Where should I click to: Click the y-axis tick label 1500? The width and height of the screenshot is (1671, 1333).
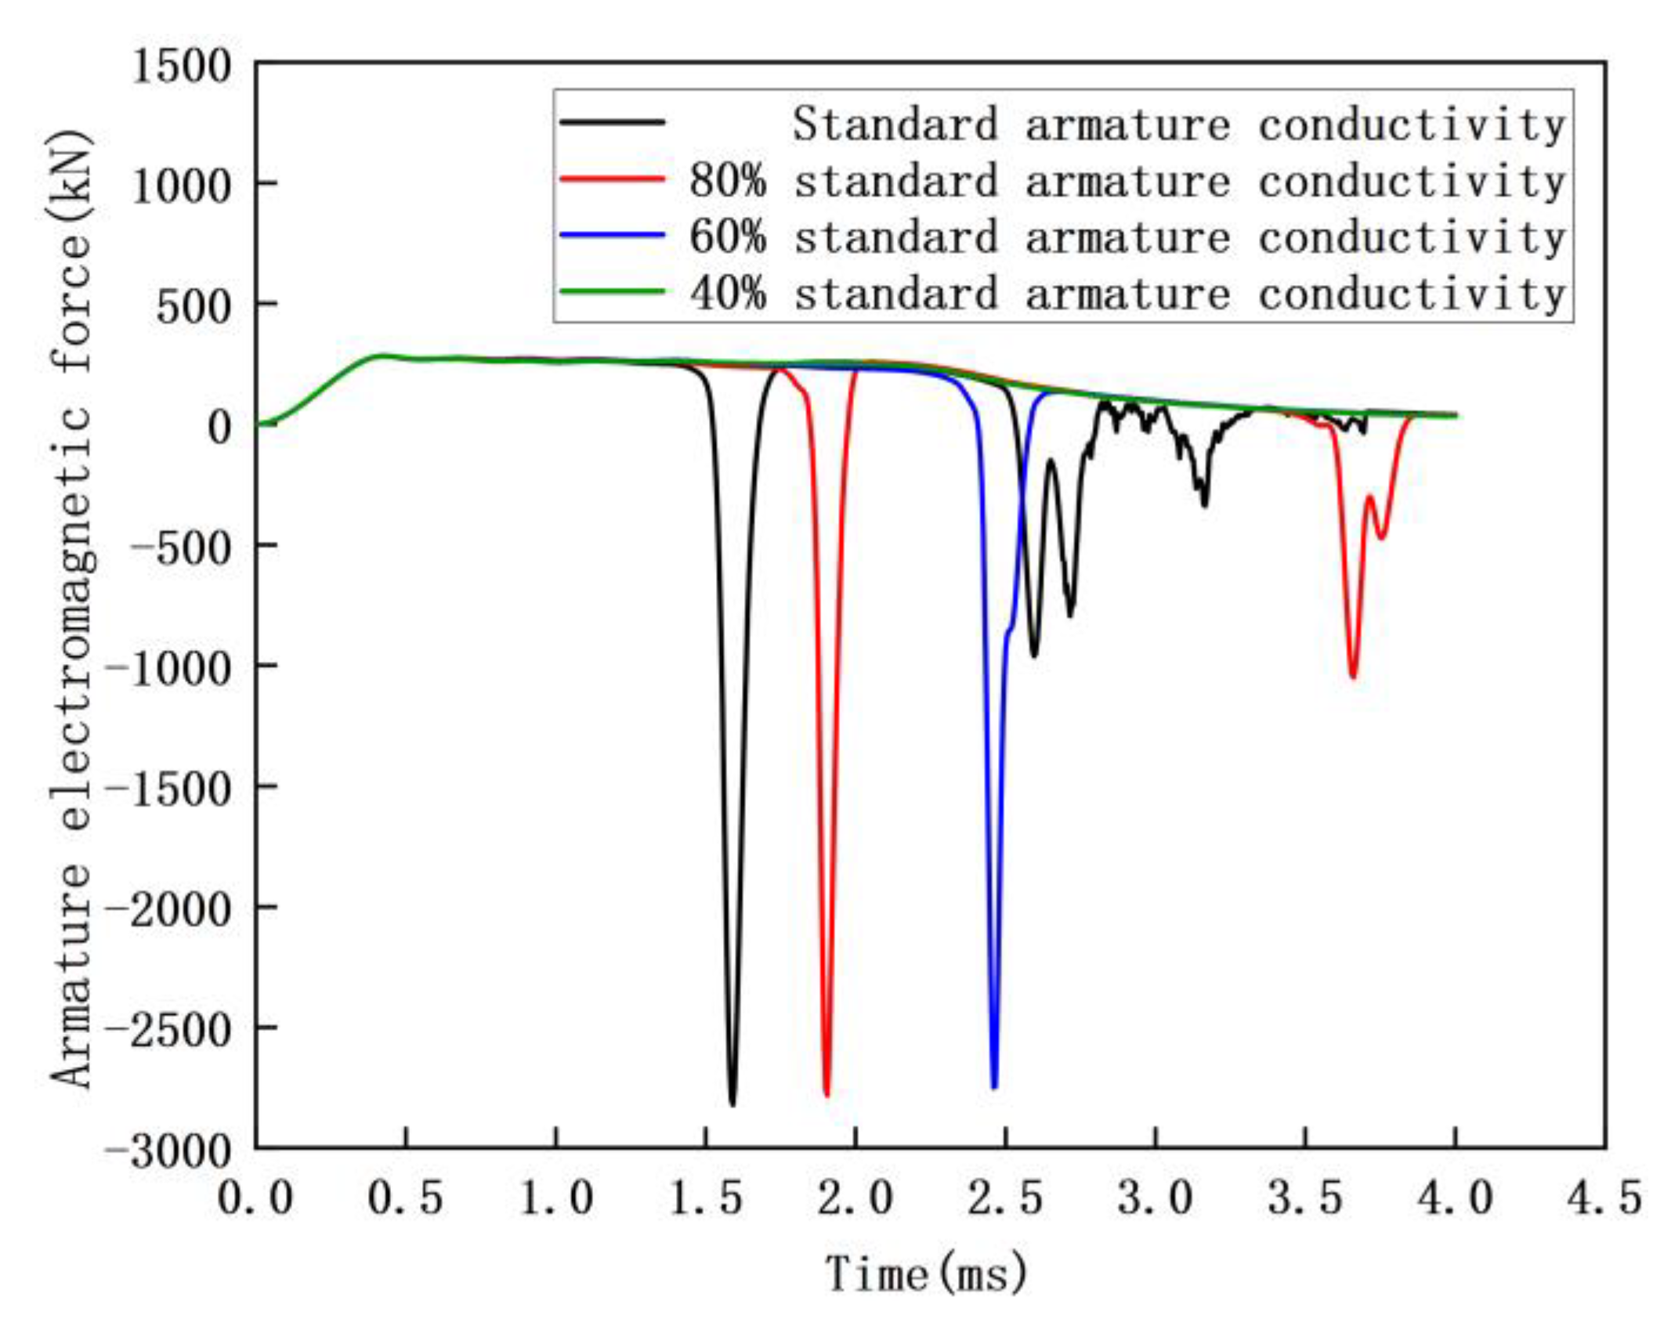tap(182, 67)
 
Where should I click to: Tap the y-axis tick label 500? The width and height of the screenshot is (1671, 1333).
tap(194, 308)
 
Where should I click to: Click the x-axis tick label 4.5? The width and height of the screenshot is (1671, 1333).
tap(1604, 1199)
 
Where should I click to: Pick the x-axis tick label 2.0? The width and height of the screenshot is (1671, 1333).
tap(855, 1199)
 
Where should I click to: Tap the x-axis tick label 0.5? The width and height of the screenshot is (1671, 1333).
tap(405, 1199)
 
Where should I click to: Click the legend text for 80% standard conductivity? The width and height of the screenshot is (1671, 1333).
tap(1127, 182)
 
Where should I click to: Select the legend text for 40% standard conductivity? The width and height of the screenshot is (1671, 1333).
tap(1127, 294)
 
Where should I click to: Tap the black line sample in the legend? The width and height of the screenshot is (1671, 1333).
tap(612, 123)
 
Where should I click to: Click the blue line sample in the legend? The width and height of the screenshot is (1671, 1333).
tap(612, 236)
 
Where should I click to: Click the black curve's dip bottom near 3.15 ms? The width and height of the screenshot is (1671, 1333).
tap(1204, 505)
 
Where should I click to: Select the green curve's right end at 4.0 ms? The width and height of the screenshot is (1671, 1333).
tap(1455, 416)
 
